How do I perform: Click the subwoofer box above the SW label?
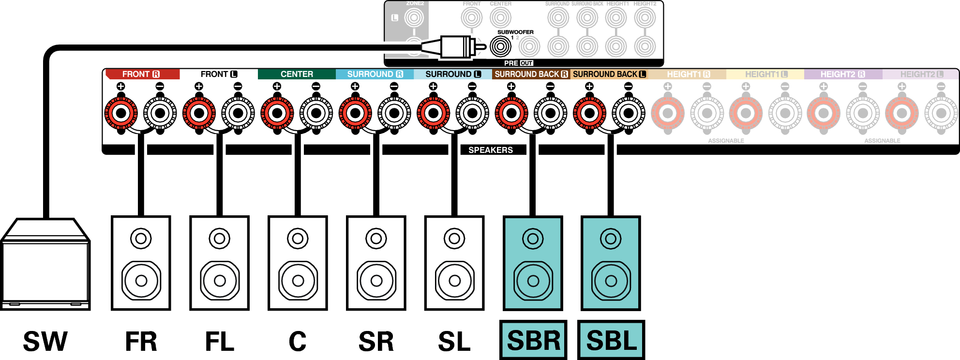tap(45, 271)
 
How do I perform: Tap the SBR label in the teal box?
tap(533, 340)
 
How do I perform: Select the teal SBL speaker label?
tap(611, 340)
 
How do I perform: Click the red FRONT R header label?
tap(141, 74)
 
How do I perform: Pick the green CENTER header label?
tap(297, 74)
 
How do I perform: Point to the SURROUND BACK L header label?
tap(609, 74)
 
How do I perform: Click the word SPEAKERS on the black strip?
tap(490, 150)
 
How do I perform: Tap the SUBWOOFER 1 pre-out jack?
tap(500, 47)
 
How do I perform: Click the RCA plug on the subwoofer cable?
tap(455, 47)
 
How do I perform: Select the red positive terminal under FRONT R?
tap(121, 113)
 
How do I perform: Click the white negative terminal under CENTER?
tap(316, 113)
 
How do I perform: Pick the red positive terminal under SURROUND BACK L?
tap(589, 113)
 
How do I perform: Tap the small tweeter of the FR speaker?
tap(141, 239)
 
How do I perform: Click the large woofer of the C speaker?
tap(298, 281)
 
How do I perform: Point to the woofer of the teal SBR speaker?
tap(533, 281)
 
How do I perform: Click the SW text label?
tap(45, 341)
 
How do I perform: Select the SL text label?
tap(454, 341)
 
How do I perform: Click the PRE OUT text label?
tap(518, 63)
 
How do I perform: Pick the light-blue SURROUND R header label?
tap(375, 74)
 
